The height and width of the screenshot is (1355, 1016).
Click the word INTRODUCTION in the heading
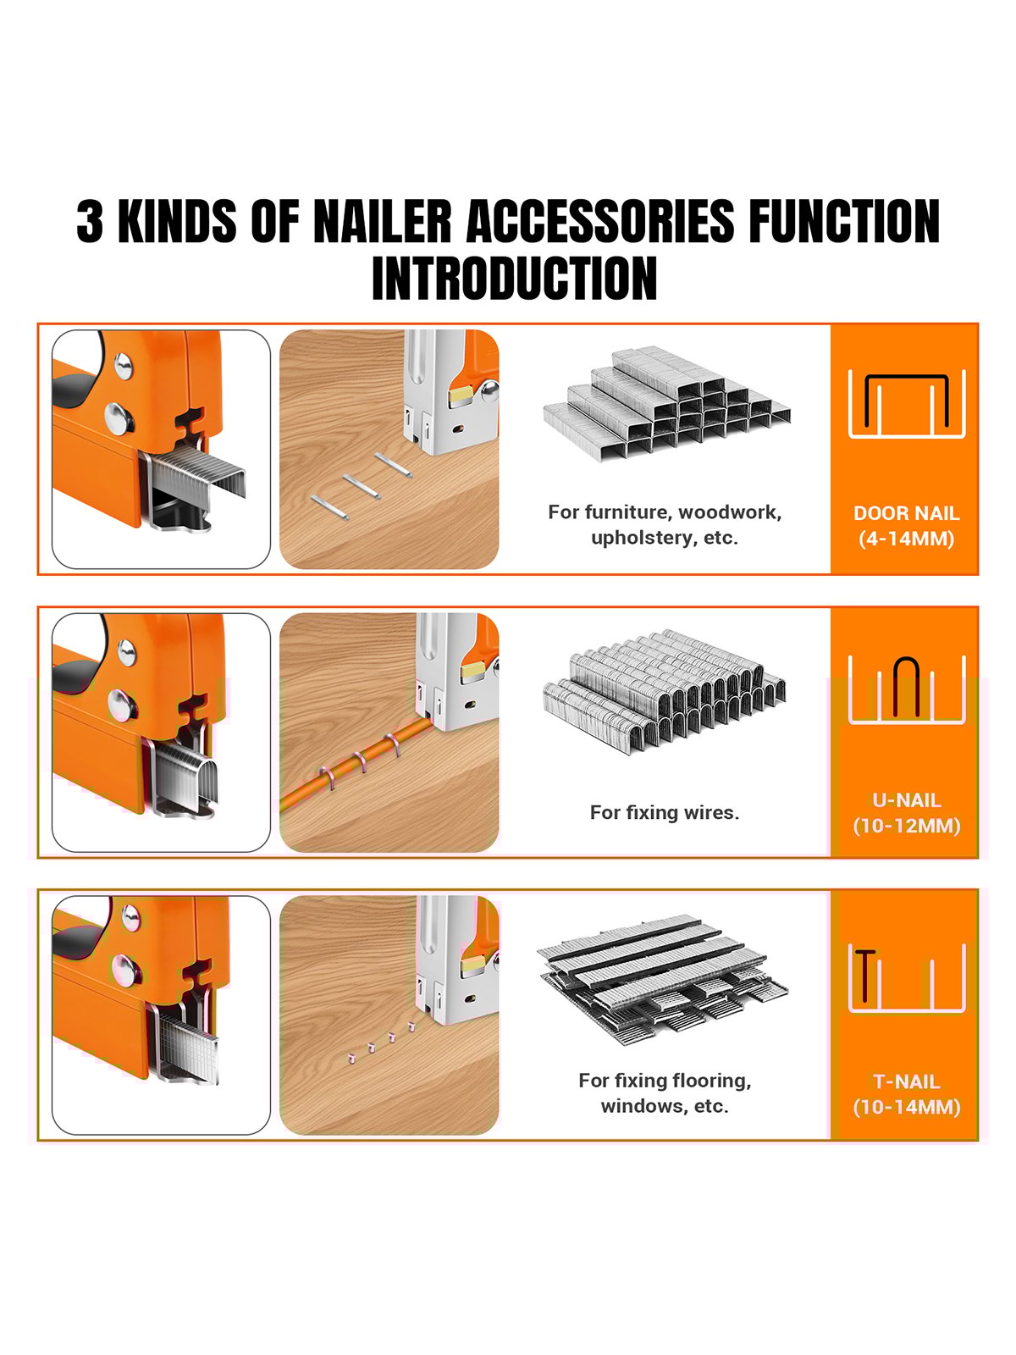point(514,278)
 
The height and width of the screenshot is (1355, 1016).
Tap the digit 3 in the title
point(90,221)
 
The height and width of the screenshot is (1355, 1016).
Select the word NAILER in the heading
point(383,221)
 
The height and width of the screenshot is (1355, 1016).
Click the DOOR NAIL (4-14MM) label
point(906,525)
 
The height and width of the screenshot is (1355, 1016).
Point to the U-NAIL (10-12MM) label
point(906,812)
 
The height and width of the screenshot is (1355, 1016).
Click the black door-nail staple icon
point(906,400)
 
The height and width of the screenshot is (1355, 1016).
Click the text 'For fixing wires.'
point(665,812)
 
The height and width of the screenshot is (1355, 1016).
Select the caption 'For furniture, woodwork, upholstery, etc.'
point(665,524)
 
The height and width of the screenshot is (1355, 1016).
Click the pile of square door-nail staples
point(666,402)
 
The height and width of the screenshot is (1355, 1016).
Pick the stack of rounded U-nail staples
point(665,690)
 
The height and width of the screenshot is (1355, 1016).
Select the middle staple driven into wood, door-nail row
point(362,486)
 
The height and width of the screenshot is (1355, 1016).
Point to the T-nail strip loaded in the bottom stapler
point(188,1048)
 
